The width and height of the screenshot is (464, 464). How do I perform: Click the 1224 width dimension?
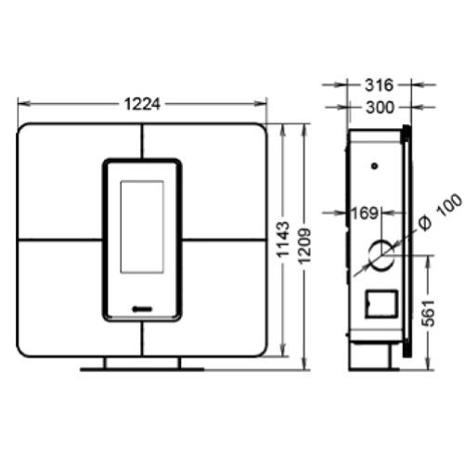pos(143,104)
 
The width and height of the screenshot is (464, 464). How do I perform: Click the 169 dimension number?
pos(363,213)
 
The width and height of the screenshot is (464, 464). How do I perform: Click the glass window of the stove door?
pos(142,226)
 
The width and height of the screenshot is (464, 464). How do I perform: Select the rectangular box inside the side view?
pos(380,303)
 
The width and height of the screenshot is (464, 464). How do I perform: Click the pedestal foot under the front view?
pos(142,361)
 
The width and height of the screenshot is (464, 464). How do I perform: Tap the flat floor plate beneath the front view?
pos(142,369)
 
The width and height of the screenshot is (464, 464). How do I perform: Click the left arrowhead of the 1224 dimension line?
pos(21,104)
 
